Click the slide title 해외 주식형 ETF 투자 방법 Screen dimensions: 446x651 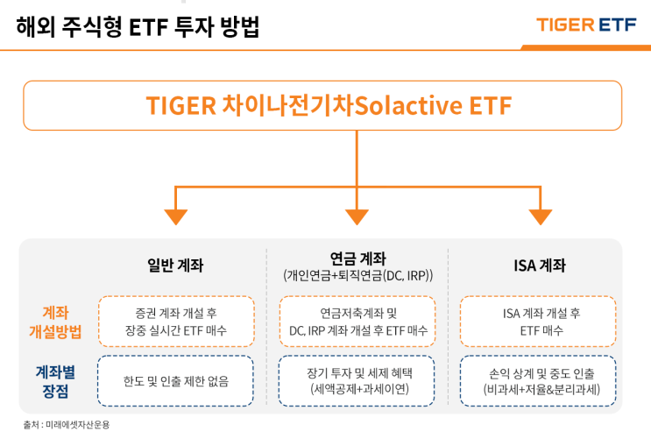138,27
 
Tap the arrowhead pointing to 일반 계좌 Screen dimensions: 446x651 176,215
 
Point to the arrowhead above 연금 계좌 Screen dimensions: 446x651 357,215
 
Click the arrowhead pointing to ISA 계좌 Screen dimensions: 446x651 541,215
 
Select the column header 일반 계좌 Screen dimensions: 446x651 175,265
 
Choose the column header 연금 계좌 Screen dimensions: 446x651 357,258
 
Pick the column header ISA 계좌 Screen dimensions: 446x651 539,265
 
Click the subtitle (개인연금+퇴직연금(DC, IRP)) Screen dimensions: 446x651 357,275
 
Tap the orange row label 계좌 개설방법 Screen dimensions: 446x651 55,322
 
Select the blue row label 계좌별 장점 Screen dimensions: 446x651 55,380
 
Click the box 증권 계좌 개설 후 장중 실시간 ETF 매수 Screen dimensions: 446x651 176,322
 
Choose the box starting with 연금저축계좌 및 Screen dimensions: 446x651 357,322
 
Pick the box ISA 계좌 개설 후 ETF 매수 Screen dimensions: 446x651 539,322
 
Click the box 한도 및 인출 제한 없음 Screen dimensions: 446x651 176,381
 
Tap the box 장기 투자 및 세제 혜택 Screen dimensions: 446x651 357,381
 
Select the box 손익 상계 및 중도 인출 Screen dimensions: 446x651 539,381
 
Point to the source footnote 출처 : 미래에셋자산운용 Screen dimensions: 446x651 67,425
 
